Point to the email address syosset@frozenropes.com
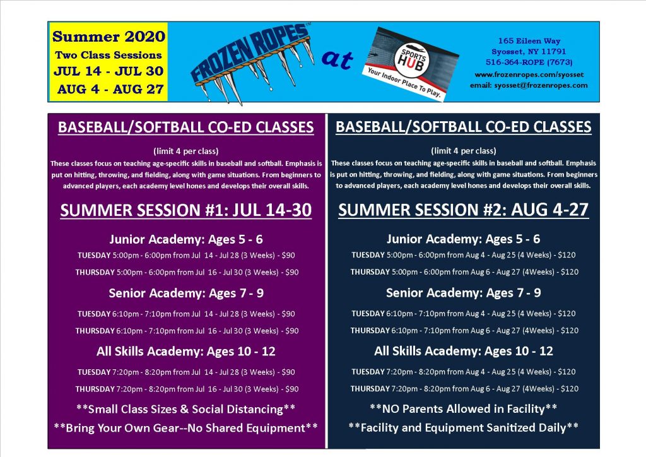[x=529, y=85]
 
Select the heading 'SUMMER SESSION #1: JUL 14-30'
[x=186, y=210]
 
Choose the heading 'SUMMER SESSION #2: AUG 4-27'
[x=464, y=210]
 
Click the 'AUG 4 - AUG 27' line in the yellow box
[x=109, y=89]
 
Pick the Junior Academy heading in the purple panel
[x=186, y=239]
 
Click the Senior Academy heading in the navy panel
[x=464, y=293]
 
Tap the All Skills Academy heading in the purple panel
[x=186, y=351]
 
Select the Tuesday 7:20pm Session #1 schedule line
[x=186, y=372]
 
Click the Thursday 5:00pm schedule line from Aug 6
[x=464, y=272]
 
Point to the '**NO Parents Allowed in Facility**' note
[x=464, y=408]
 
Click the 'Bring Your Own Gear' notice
[x=186, y=427]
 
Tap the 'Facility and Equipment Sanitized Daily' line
[x=464, y=427]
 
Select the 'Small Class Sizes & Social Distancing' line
[x=186, y=408]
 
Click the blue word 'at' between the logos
[x=338, y=61]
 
